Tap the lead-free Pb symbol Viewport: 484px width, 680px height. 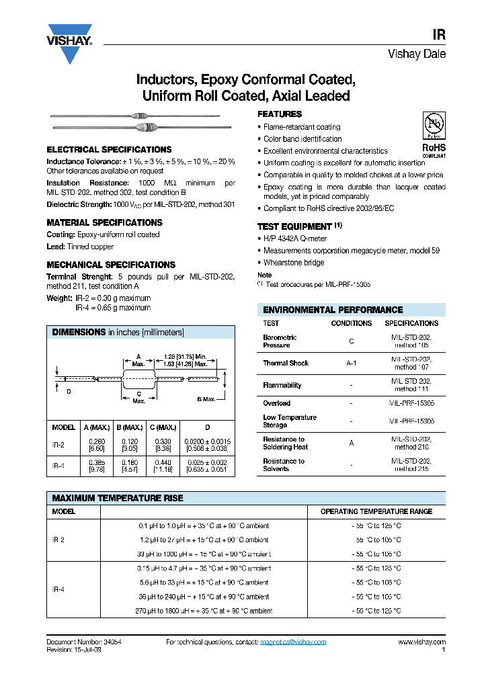pos(433,125)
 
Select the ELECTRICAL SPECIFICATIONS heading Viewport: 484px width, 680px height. pos(109,150)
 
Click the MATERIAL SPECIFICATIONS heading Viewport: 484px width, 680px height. pos(104,222)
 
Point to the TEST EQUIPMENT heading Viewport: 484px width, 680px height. pos(295,227)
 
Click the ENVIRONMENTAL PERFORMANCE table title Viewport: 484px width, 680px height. pos(333,310)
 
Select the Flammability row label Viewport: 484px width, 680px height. pos(282,386)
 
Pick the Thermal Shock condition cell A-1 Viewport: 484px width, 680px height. pos(351,363)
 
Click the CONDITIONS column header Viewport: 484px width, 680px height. pos(351,323)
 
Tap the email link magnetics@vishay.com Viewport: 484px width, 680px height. pos(293,642)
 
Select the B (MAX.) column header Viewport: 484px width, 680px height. pos(129,427)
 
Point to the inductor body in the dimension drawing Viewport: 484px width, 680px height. pos(139,379)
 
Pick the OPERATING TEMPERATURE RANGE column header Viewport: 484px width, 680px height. pos(376,511)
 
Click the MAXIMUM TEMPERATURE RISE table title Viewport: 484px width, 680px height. pos(118,499)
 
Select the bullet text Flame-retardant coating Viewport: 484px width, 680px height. pos(302,127)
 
